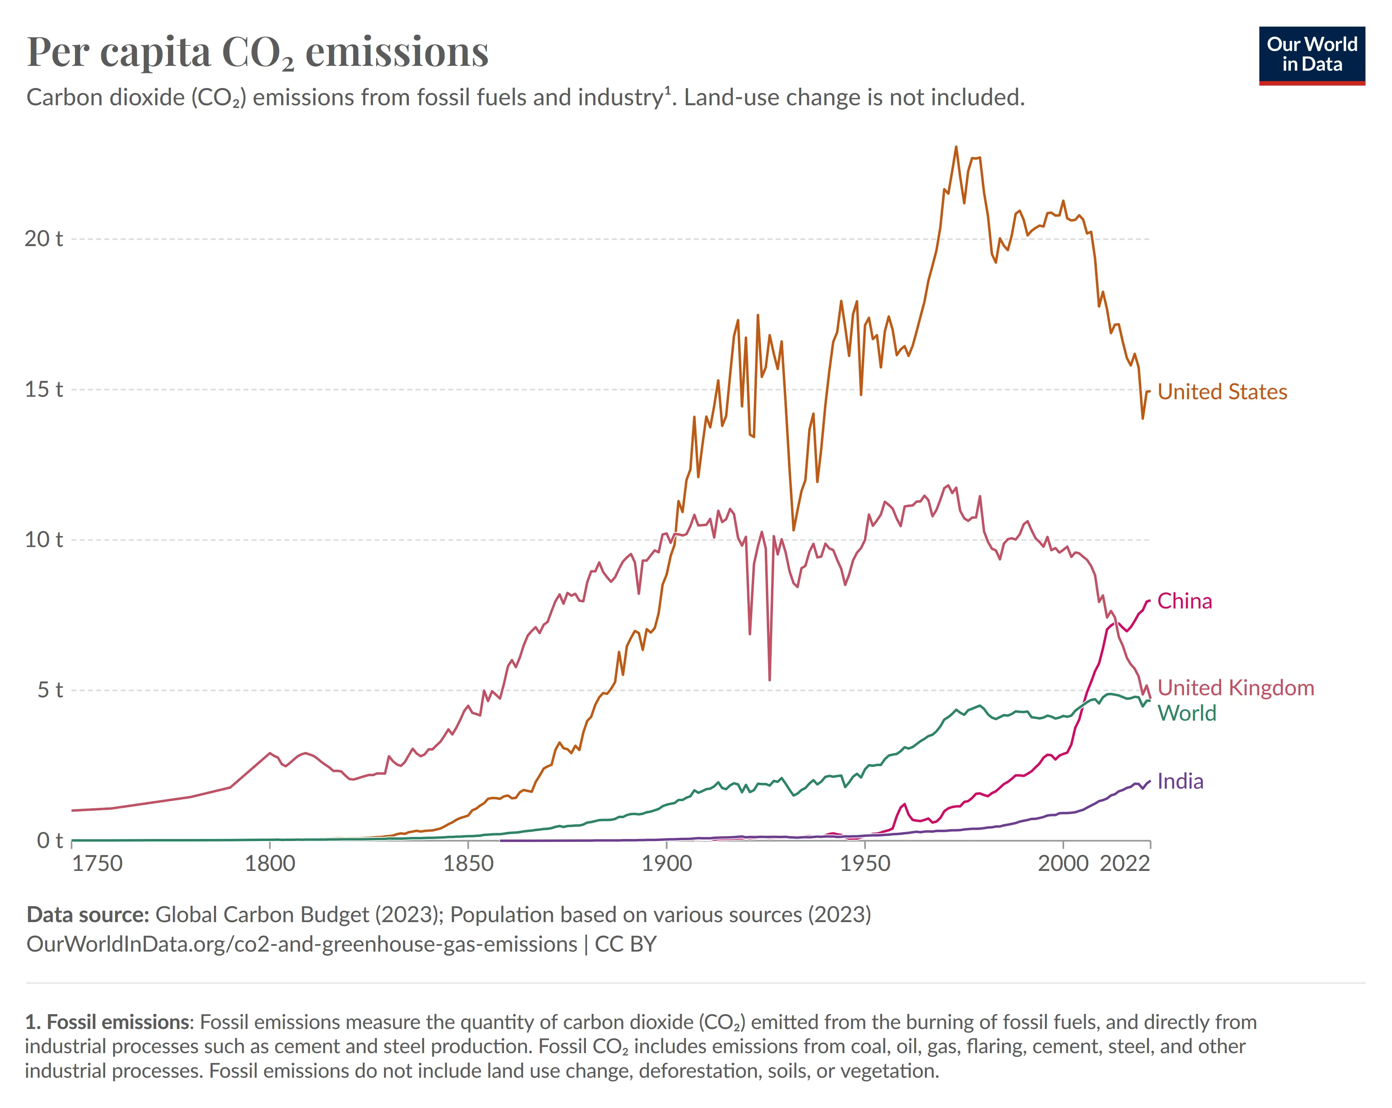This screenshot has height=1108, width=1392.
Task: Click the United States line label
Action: tap(1222, 392)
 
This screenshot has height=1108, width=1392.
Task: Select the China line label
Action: tap(1184, 601)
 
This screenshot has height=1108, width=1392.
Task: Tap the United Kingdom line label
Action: tap(1235, 687)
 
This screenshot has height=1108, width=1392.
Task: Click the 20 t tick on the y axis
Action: tap(43, 239)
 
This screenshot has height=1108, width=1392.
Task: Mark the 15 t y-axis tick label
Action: tap(43, 389)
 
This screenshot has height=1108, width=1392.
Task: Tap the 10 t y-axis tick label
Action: tap(43, 540)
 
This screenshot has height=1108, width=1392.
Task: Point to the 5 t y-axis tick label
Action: tap(49, 690)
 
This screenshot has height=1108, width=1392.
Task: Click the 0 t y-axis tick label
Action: tap(49, 841)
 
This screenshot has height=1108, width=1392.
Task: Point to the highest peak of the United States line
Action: tap(956, 147)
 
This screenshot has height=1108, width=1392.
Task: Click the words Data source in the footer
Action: tap(88, 915)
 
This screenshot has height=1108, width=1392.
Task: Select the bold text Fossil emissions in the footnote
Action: tap(119, 1022)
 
